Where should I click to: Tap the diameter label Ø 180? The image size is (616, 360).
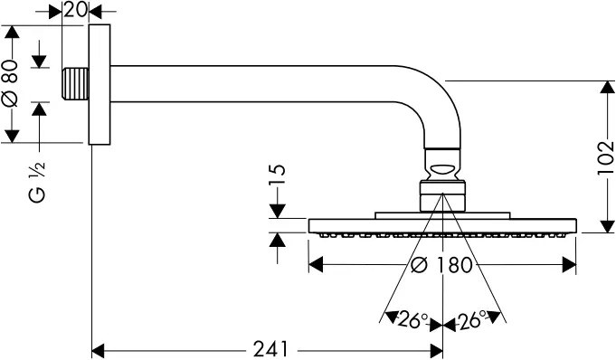point(442,265)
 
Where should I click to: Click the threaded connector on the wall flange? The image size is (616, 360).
point(80,85)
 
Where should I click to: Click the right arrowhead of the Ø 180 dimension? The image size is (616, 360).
point(570,265)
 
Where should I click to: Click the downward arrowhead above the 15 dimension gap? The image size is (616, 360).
point(277,213)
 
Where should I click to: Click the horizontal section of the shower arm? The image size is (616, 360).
point(271,77)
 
